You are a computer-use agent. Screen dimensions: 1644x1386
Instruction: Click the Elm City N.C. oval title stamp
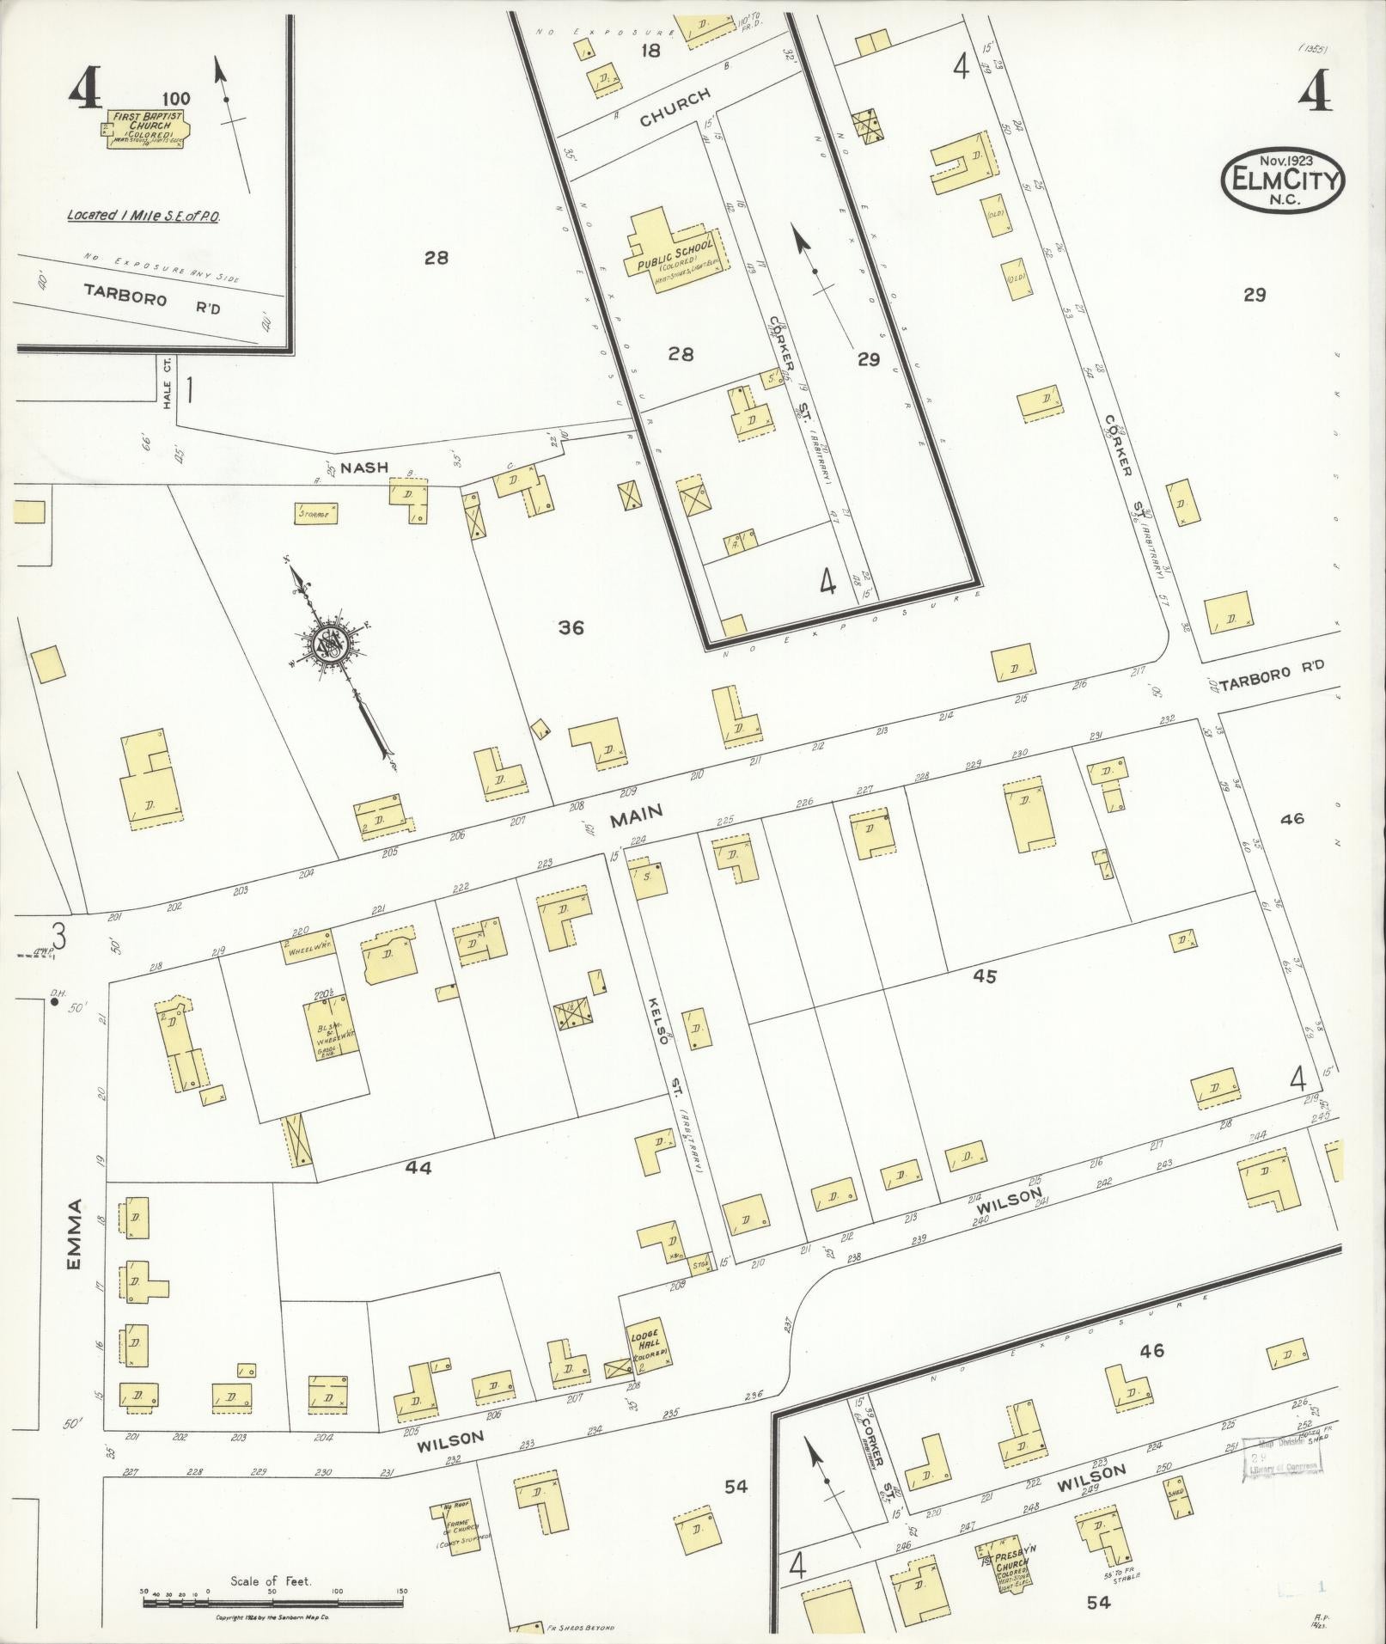[1283, 180]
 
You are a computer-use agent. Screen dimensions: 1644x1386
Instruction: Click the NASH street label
[364, 468]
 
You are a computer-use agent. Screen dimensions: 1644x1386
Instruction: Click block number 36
[571, 628]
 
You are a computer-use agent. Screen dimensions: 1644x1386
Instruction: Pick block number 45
[985, 976]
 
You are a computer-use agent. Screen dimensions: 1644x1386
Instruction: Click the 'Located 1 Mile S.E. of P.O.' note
[144, 216]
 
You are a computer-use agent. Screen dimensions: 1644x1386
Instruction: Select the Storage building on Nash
[316, 513]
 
